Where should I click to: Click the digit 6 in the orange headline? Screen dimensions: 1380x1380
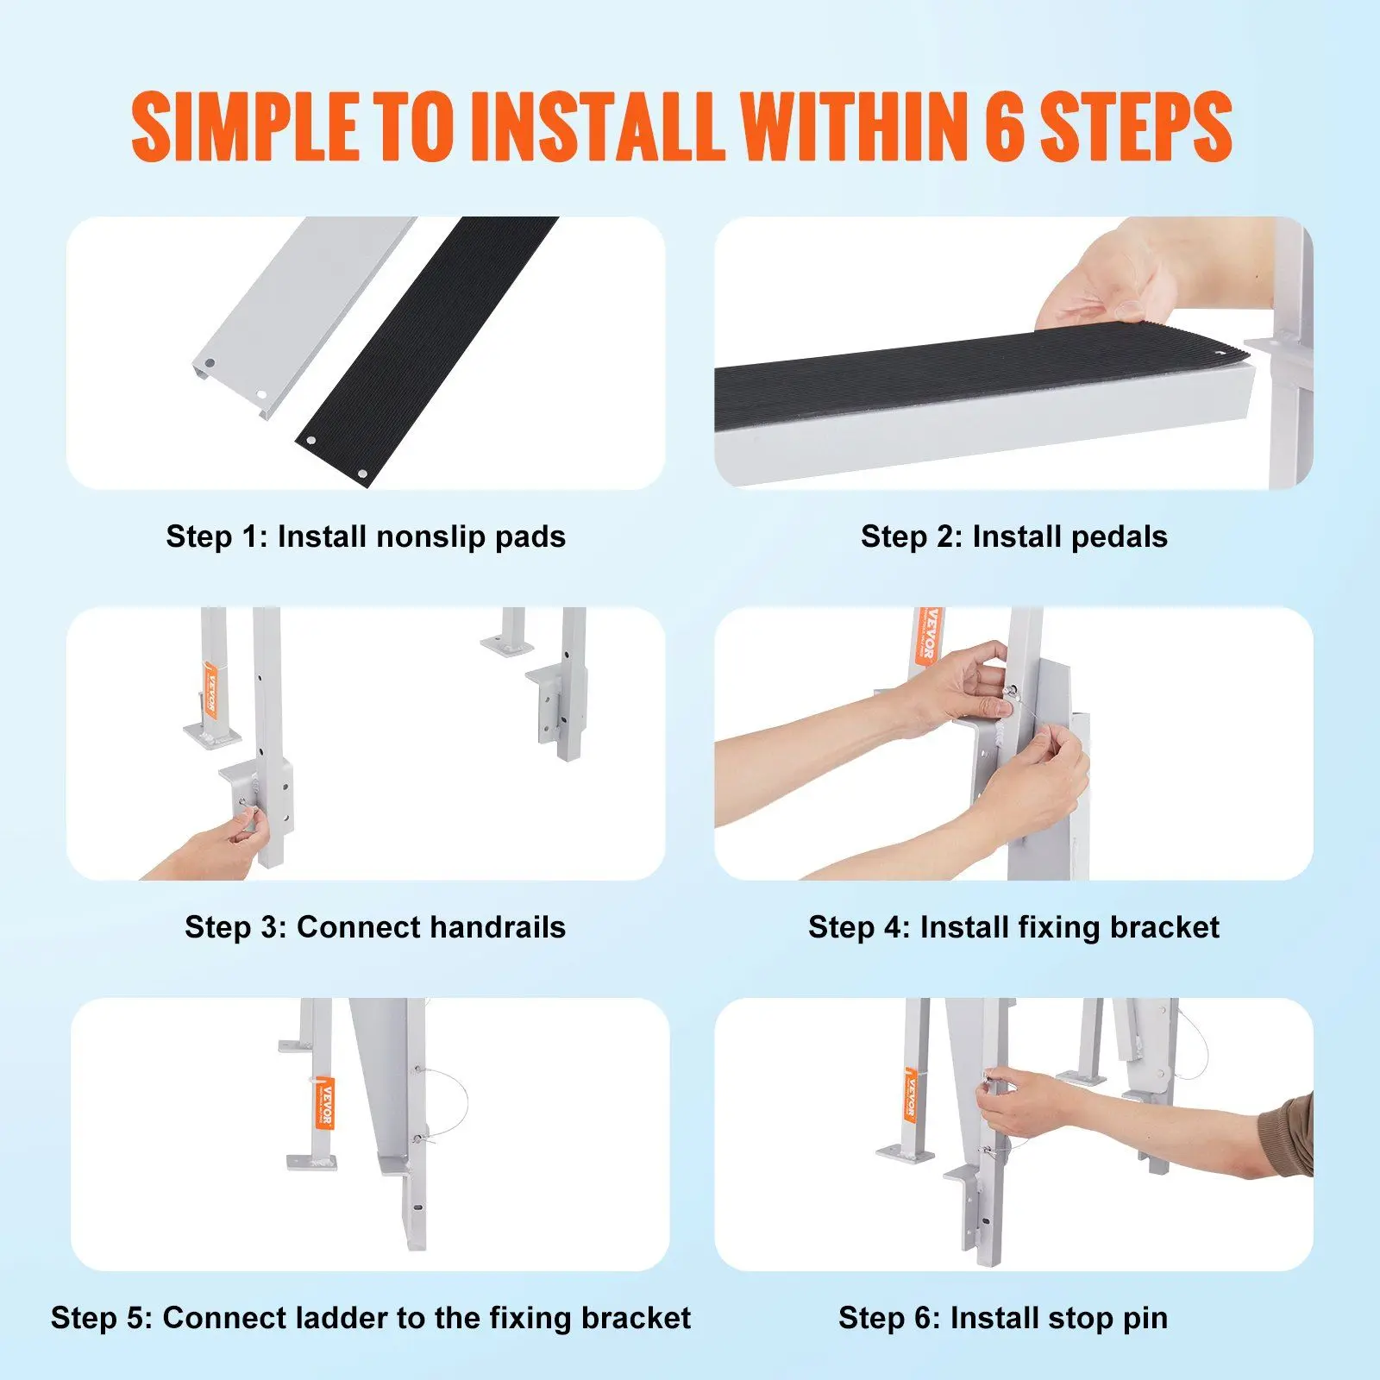point(1004,127)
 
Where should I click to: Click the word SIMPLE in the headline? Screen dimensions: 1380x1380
point(244,127)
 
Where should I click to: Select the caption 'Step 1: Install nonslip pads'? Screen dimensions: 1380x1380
point(366,536)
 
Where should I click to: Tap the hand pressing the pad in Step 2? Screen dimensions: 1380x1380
point(1113,276)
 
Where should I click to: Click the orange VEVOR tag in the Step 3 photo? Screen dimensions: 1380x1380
point(210,690)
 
